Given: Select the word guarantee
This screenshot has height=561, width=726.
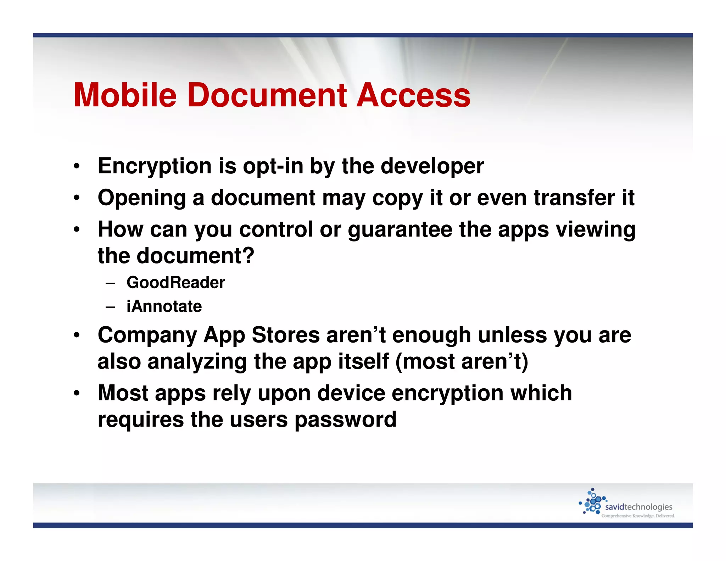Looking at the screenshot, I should point(400,230).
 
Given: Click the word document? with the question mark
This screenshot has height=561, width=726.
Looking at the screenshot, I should point(195,256).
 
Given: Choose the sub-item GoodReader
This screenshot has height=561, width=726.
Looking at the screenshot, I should point(176,283).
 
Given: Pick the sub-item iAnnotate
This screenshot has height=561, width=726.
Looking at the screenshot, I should point(164,306).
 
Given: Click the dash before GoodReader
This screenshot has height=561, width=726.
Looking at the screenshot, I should point(110,283).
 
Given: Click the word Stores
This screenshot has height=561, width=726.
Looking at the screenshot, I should point(286,335).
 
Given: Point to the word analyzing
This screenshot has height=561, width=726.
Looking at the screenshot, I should point(197,362).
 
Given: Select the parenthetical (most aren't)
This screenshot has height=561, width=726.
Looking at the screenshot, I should point(462,362).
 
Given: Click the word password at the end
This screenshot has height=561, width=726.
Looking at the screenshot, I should point(345,420).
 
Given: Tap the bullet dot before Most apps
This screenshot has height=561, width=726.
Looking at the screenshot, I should point(77,394).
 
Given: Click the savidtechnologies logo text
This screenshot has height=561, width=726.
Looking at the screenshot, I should point(638,507).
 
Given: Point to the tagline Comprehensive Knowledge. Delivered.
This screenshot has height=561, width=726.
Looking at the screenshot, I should point(638,516).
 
